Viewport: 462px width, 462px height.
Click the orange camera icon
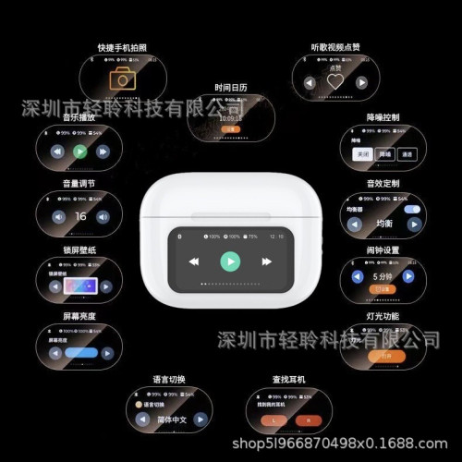click(x=122, y=79)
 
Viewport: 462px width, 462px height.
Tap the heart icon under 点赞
click(x=336, y=82)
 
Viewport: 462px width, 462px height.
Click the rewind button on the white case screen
click(x=195, y=261)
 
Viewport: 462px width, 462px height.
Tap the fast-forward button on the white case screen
click(x=266, y=261)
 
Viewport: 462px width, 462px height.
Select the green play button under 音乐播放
click(x=79, y=152)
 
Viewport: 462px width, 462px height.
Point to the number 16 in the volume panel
click(x=80, y=217)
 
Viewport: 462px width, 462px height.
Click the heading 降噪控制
click(x=383, y=118)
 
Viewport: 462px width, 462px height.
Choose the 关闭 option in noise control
click(x=359, y=154)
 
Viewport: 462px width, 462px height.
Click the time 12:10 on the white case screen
click(x=276, y=237)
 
